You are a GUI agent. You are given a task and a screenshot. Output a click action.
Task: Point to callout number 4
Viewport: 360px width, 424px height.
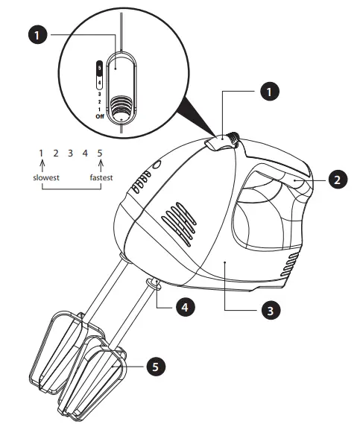[x=183, y=306]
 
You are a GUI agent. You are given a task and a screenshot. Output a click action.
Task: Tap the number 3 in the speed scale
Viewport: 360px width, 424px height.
[x=70, y=154]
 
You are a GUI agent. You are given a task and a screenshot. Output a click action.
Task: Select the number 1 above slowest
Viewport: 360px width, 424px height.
[x=42, y=154]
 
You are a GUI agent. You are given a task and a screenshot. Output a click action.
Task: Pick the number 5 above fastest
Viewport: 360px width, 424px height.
[x=99, y=154]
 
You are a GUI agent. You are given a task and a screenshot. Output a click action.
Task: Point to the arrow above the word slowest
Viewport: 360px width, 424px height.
[x=42, y=166]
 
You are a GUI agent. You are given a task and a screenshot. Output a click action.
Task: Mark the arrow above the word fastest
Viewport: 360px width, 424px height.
[x=99, y=166]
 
